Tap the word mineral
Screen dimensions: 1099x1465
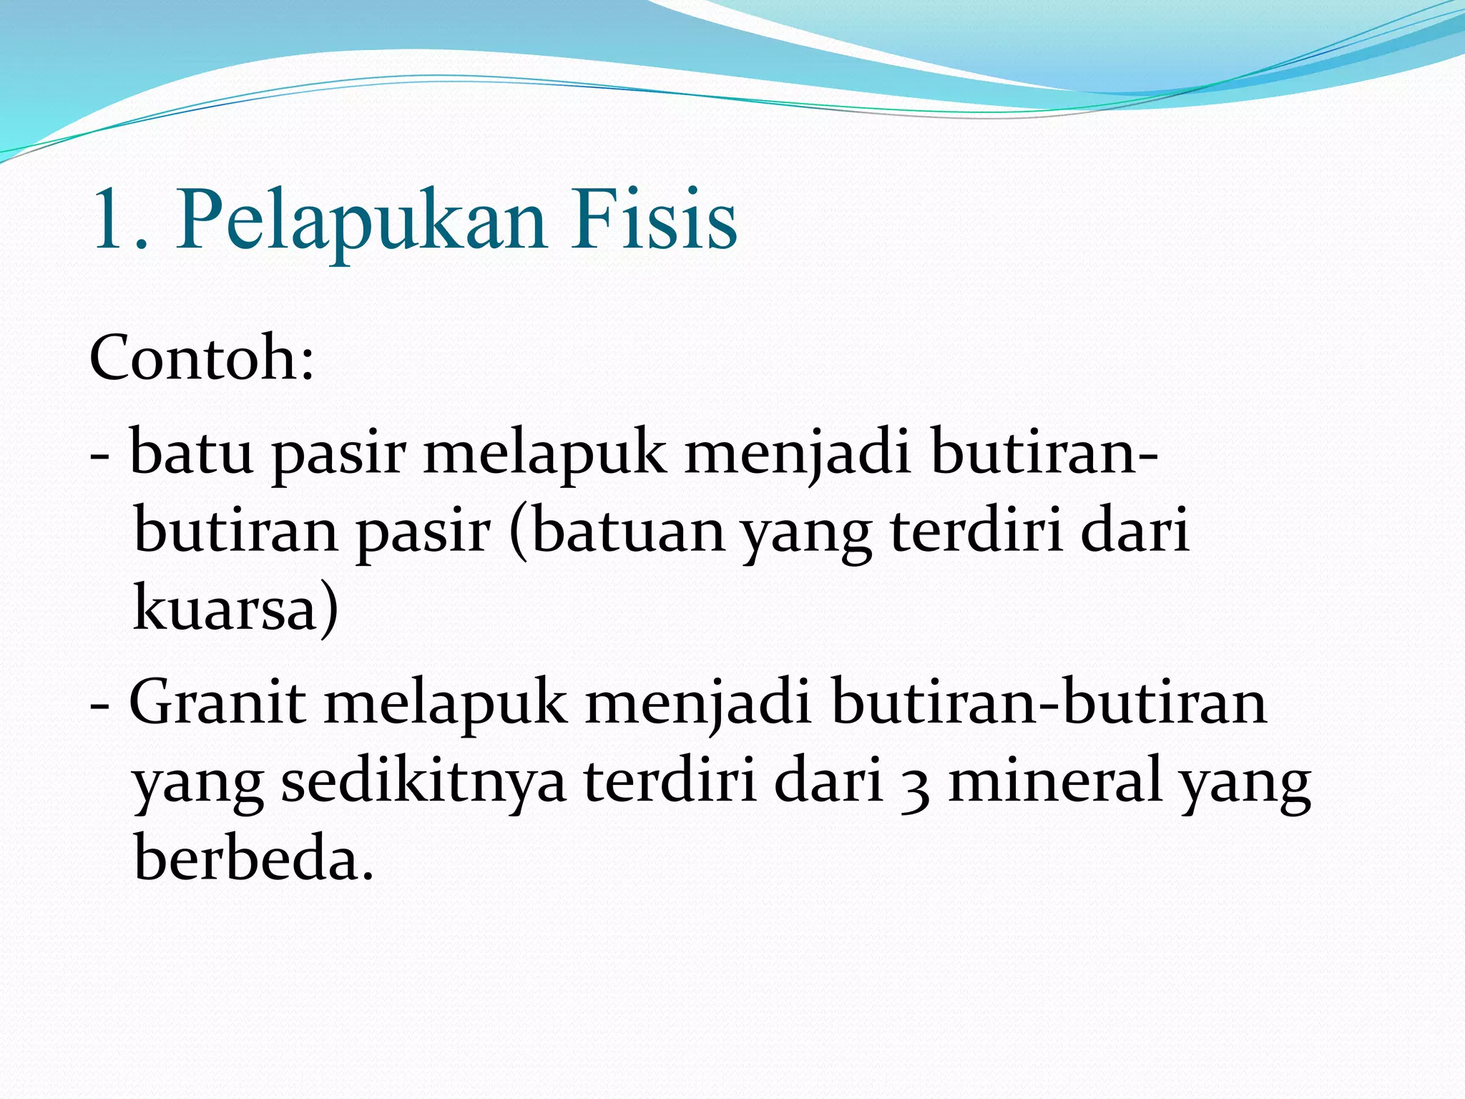tap(1054, 781)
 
